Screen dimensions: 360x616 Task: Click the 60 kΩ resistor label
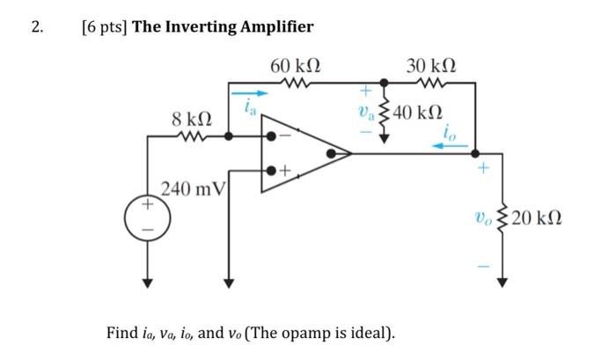click(295, 65)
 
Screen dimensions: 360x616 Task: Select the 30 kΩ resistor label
click(431, 65)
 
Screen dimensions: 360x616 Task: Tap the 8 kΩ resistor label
click(192, 118)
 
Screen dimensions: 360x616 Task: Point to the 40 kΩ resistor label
click(418, 112)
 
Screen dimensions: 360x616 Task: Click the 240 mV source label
click(194, 187)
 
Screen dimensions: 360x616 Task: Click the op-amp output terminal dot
click(331, 153)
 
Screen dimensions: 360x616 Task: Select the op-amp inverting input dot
click(272, 136)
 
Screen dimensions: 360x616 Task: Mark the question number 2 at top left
click(36, 26)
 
